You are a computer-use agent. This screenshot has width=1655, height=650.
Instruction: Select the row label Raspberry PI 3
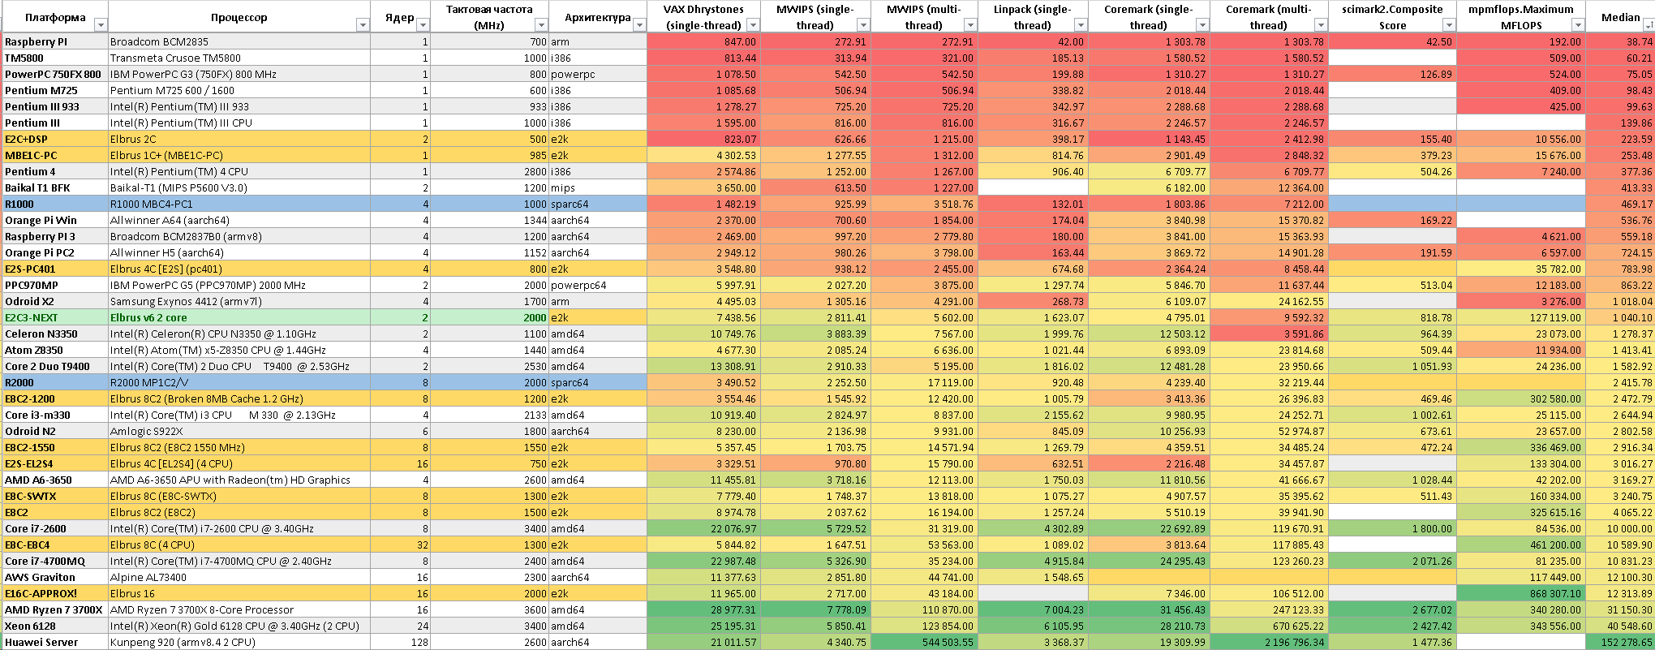click(x=41, y=236)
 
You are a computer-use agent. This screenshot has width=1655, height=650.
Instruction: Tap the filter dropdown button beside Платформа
click(x=101, y=25)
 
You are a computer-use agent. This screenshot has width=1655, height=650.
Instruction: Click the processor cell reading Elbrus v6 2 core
click(x=148, y=317)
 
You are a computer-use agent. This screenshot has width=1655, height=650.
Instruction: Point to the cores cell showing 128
click(x=419, y=642)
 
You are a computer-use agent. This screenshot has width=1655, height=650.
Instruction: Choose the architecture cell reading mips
click(x=563, y=187)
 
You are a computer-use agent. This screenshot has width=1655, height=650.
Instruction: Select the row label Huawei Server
click(x=41, y=642)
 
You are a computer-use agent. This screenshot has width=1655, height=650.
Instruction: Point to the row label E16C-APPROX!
click(x=41, y=593)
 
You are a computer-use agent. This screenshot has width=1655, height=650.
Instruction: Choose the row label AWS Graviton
click(x=41, y=577)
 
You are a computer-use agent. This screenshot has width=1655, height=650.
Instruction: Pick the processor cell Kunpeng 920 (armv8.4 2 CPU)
click(x=183, y=642)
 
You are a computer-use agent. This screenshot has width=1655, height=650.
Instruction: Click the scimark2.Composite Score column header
click(x=1392, y=17)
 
